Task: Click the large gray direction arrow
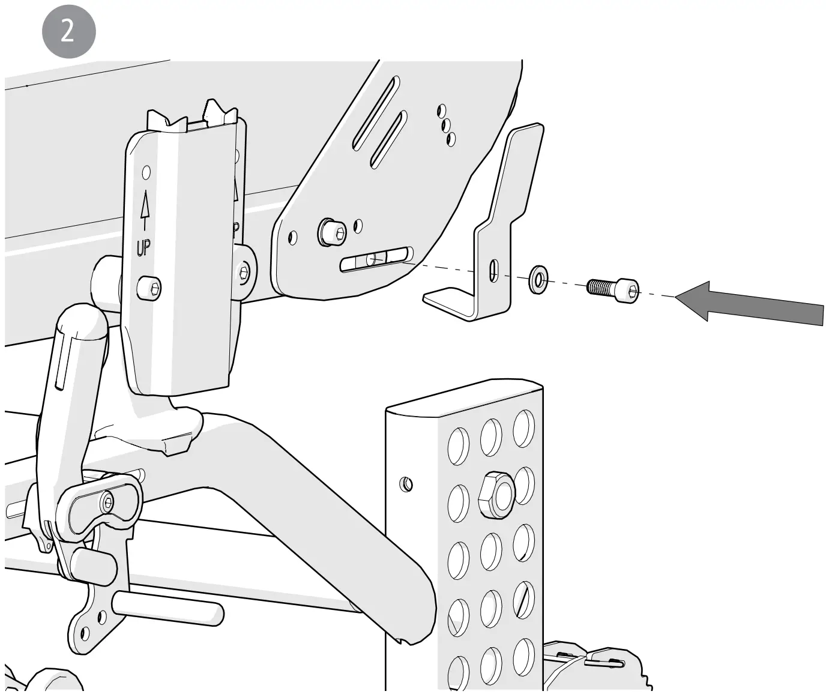750,302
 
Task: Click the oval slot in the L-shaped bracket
493,270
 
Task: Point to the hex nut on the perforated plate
496,493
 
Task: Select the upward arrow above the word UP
144,209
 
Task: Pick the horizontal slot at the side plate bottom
376,260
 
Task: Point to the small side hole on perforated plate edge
406,483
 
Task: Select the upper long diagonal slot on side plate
374,112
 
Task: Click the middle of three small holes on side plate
446,125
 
